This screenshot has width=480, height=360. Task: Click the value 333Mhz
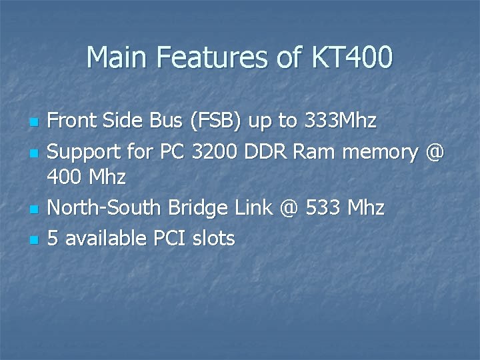340,121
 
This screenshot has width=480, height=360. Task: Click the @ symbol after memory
433,152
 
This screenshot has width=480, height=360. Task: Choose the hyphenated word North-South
104,208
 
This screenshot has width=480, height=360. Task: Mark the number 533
323,208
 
